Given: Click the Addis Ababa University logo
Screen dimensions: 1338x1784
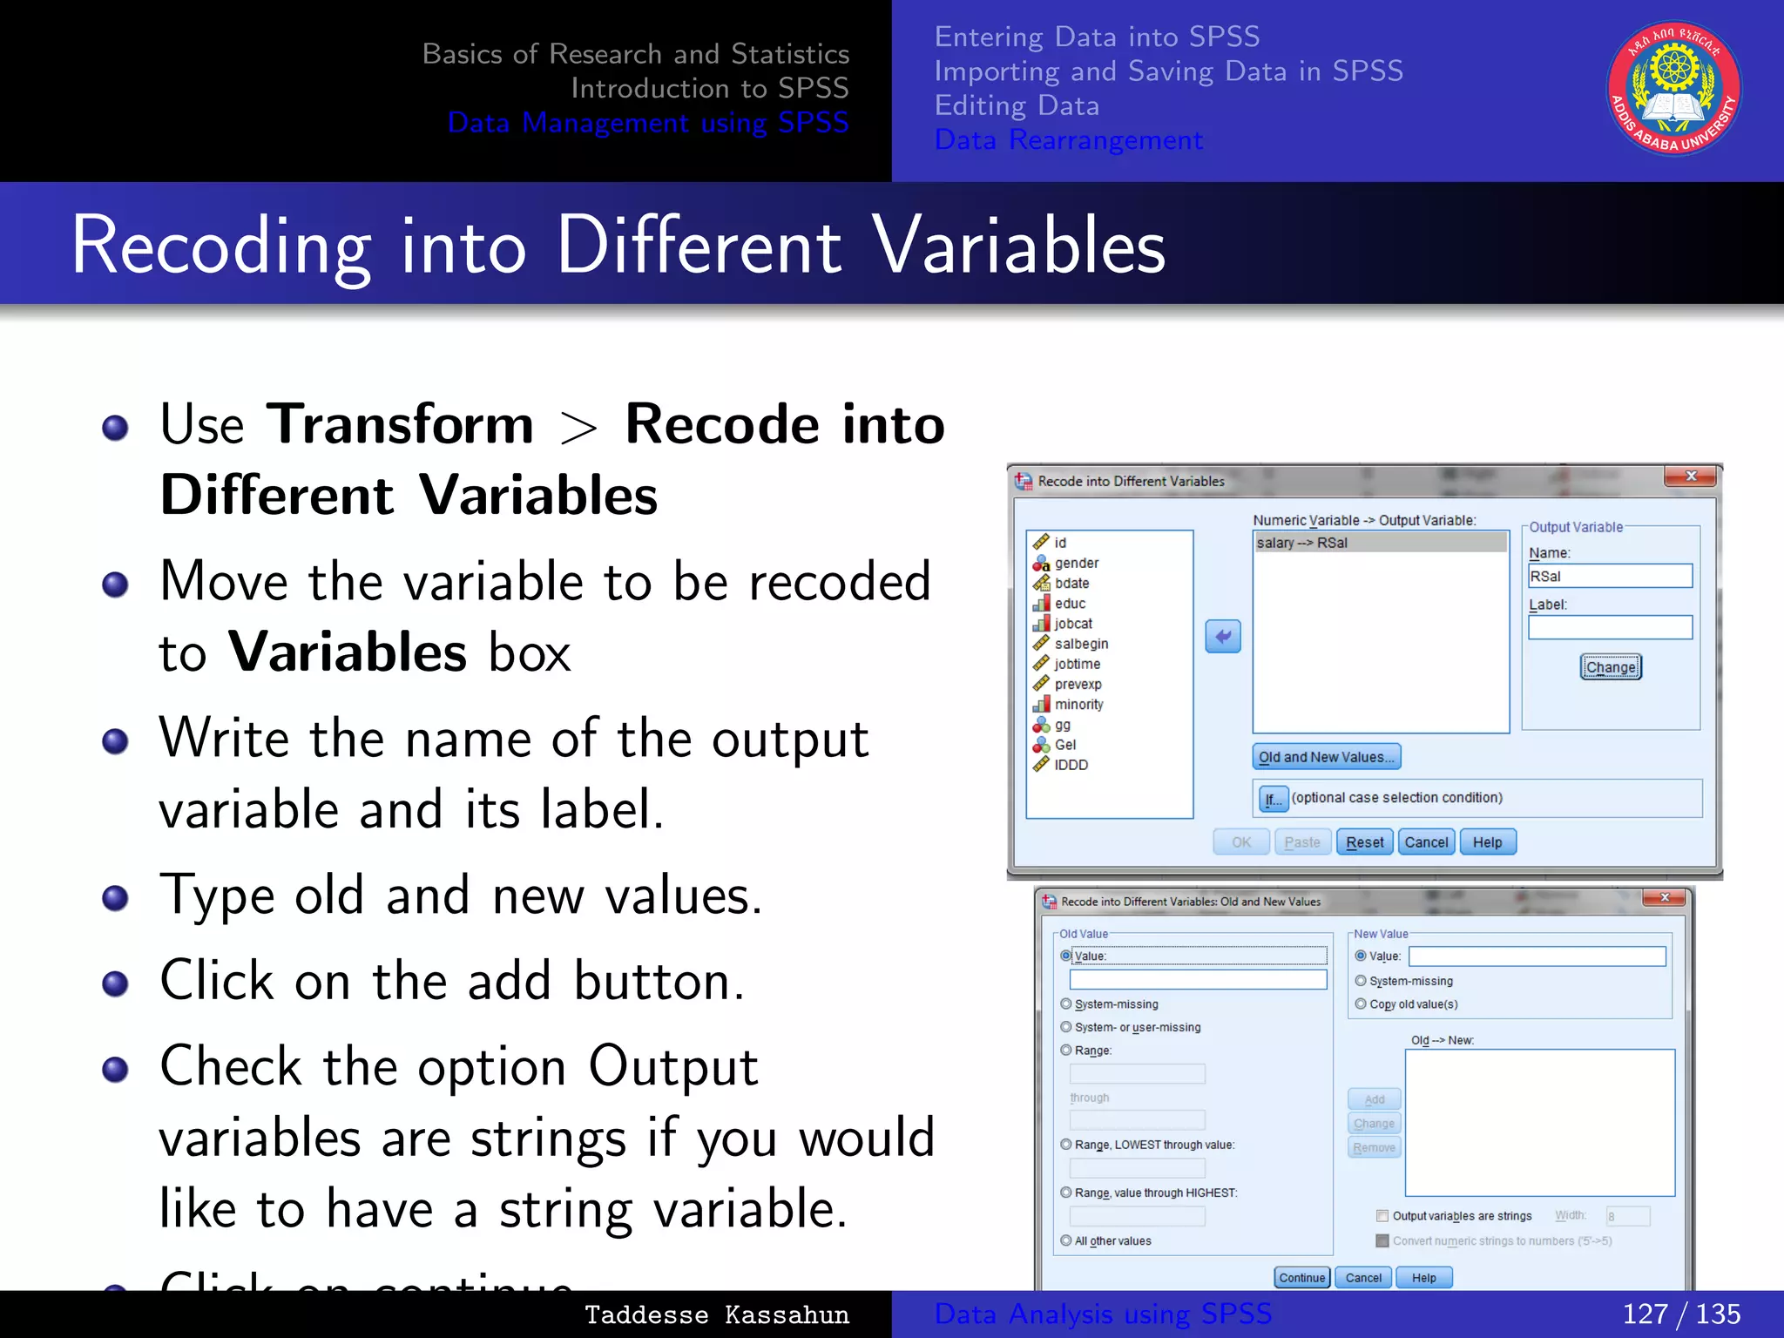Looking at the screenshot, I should (x=1673, y=88).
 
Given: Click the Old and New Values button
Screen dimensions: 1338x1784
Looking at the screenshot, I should (x=1326, y=757).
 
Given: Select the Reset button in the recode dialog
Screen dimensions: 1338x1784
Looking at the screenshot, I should (x=1364, y=842).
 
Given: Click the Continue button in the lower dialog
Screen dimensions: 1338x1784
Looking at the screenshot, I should (x=1301, y=1278).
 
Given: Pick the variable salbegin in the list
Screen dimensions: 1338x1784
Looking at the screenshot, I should (x=1081, y=644).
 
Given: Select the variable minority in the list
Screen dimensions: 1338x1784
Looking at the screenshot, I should (x=1078, y=705).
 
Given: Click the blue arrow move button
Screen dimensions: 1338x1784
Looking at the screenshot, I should (x=1223, y=637).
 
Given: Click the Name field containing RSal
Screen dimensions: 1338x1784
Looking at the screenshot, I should (x=1610, y=577).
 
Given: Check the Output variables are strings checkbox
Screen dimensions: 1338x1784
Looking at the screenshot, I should (x=1382, y=1216).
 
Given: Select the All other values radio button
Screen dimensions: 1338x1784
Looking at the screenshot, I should (x=1066, y=1240).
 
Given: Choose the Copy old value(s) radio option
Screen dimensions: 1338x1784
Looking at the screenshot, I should (x=1361, y=1004).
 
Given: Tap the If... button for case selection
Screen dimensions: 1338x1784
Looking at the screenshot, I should (x=1274, y=799).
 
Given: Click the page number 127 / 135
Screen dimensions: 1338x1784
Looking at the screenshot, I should (x=1681, y=1314).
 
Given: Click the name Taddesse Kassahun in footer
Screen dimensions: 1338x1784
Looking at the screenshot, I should (x=716, y=1314).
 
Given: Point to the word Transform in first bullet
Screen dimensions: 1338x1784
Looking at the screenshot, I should (x=400, y=425).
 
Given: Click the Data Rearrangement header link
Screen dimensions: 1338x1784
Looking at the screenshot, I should (x=1068, y=140).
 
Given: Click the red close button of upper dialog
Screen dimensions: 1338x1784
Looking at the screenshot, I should (x=1690, y=476).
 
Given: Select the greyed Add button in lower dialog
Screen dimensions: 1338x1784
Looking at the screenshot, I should (x=1374, y=1099).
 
